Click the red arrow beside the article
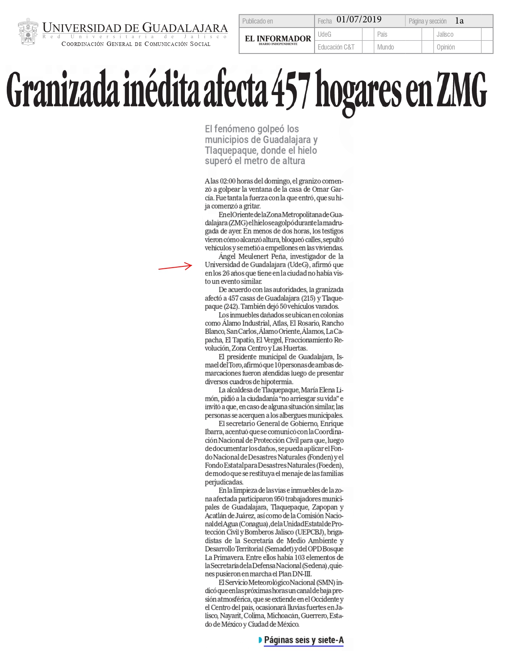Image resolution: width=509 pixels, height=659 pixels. tap(176, 267)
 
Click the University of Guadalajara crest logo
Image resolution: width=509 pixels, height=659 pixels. tap(28, 32)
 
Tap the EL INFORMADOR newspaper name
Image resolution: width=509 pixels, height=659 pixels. tap(278, 39)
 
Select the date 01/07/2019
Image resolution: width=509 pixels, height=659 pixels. tap(359, 20)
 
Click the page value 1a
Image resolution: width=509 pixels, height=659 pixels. tap(459, 21)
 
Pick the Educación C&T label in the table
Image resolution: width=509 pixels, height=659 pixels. tap(336, 47)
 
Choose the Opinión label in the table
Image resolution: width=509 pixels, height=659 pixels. tap(446, 47)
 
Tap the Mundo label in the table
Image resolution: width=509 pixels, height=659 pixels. tap(385, 47)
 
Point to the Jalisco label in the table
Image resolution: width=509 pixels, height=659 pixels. tap(445, 34)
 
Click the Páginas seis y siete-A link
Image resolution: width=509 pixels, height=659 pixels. tap(303, 640)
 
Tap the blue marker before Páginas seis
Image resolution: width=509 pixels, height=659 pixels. tap(260, 640)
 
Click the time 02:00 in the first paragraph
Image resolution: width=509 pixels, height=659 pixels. tap(227, 181)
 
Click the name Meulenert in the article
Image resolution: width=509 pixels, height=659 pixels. tap(257, 256)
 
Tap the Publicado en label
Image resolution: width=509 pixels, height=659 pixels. tap(257, 21)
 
